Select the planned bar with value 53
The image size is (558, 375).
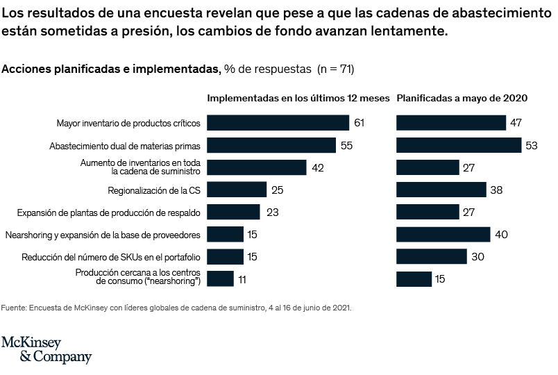(x=458, y=145)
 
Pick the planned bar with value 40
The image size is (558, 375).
(x=443, y=234)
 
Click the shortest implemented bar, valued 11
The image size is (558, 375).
(x=220, y=278)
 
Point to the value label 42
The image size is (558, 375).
(x=318, y=167)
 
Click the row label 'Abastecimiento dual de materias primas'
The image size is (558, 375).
(x=125, y=146)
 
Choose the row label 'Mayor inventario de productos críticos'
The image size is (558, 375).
(x=128, y=124)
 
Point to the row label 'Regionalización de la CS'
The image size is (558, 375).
(x=154, y=190)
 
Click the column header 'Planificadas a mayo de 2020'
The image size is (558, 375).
(x=462, y=99)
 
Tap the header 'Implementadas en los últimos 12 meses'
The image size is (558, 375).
(x=298, y=99)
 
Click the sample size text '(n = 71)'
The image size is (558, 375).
(x=336, y=69)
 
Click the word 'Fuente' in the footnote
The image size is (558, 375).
(x=13, y=306)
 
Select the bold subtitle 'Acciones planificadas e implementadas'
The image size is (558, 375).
(x=112, y=69)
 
